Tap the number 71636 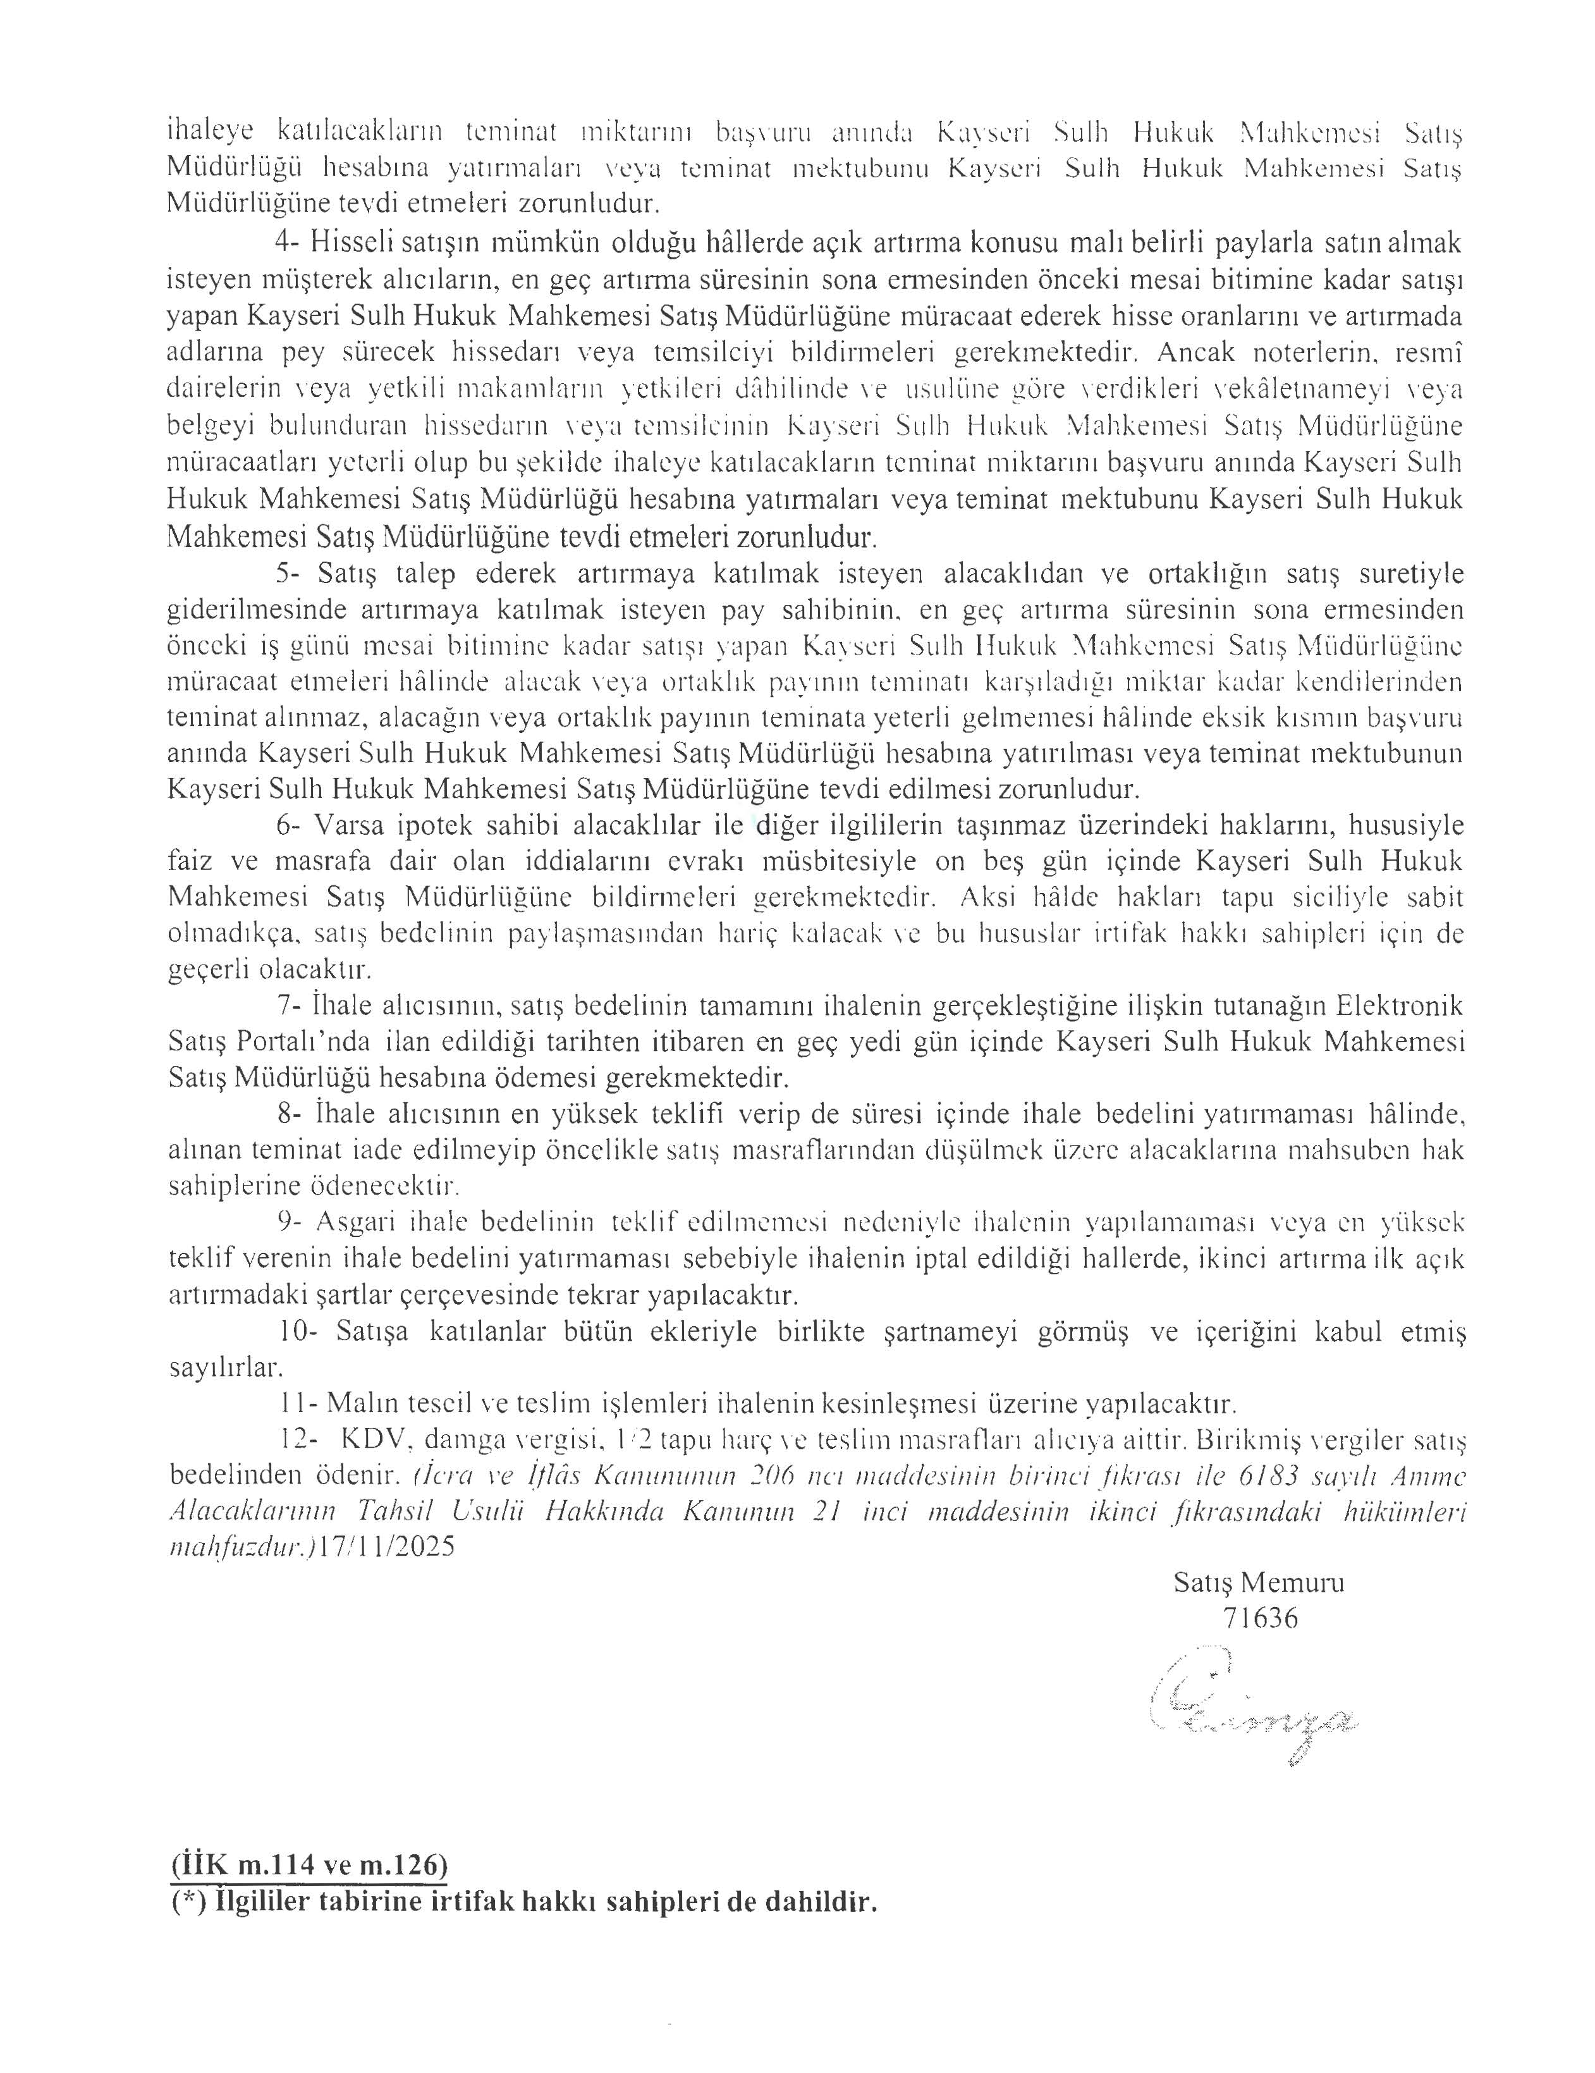(1260, 1618)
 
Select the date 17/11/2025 (388, 1545)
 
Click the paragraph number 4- (288, 242)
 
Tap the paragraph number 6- (288, 824)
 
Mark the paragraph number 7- (288, 1005)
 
